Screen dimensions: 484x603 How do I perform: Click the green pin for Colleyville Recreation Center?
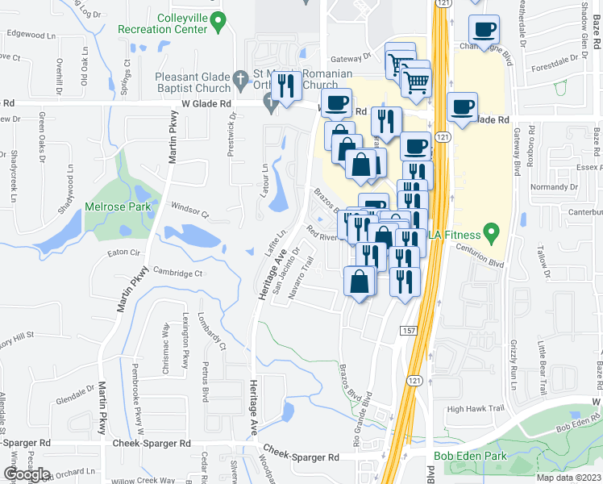coord(217,21)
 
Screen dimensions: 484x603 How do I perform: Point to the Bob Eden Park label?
coord(464,456)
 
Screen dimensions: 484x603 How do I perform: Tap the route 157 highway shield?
coord(406,330)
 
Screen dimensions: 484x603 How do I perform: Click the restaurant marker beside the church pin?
coord(286,86)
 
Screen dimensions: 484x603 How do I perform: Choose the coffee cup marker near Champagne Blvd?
coord(484,31)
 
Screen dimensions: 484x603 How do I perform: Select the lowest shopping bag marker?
coord(359,282)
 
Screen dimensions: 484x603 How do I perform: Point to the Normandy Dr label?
coord(550,187)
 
